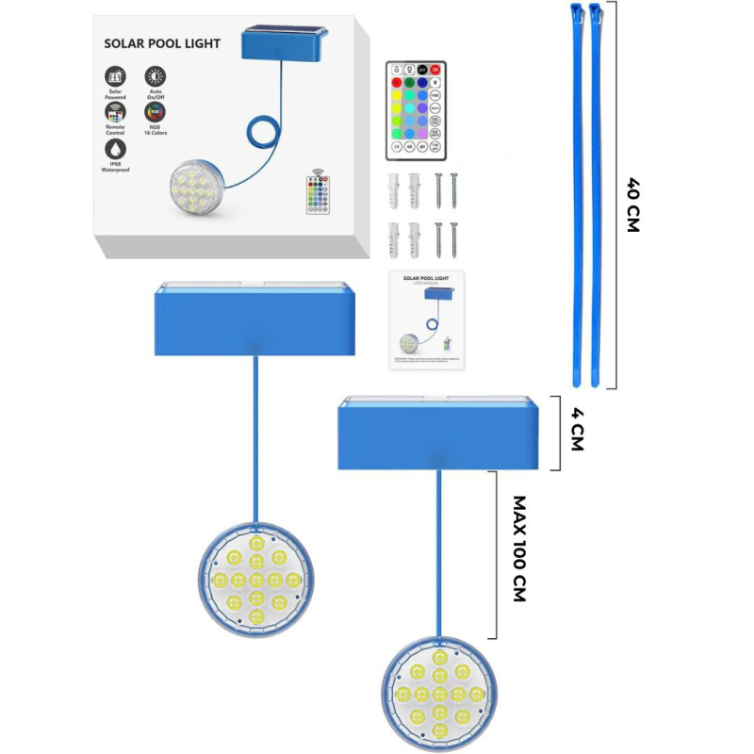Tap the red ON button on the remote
(x=435, y=70)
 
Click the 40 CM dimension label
(x=632, y=206)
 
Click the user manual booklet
(x=427, y=320)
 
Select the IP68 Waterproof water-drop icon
(x=116, y=148)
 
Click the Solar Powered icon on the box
(x=117, y=77)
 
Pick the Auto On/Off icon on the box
(x=154, y=77)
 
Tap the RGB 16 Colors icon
(x=154, y=112)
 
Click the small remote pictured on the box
(x=320, y=192)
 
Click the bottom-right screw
(x=453, y=239)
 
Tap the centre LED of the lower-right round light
(x=438, y=695)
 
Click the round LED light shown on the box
(x=200, y=189)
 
